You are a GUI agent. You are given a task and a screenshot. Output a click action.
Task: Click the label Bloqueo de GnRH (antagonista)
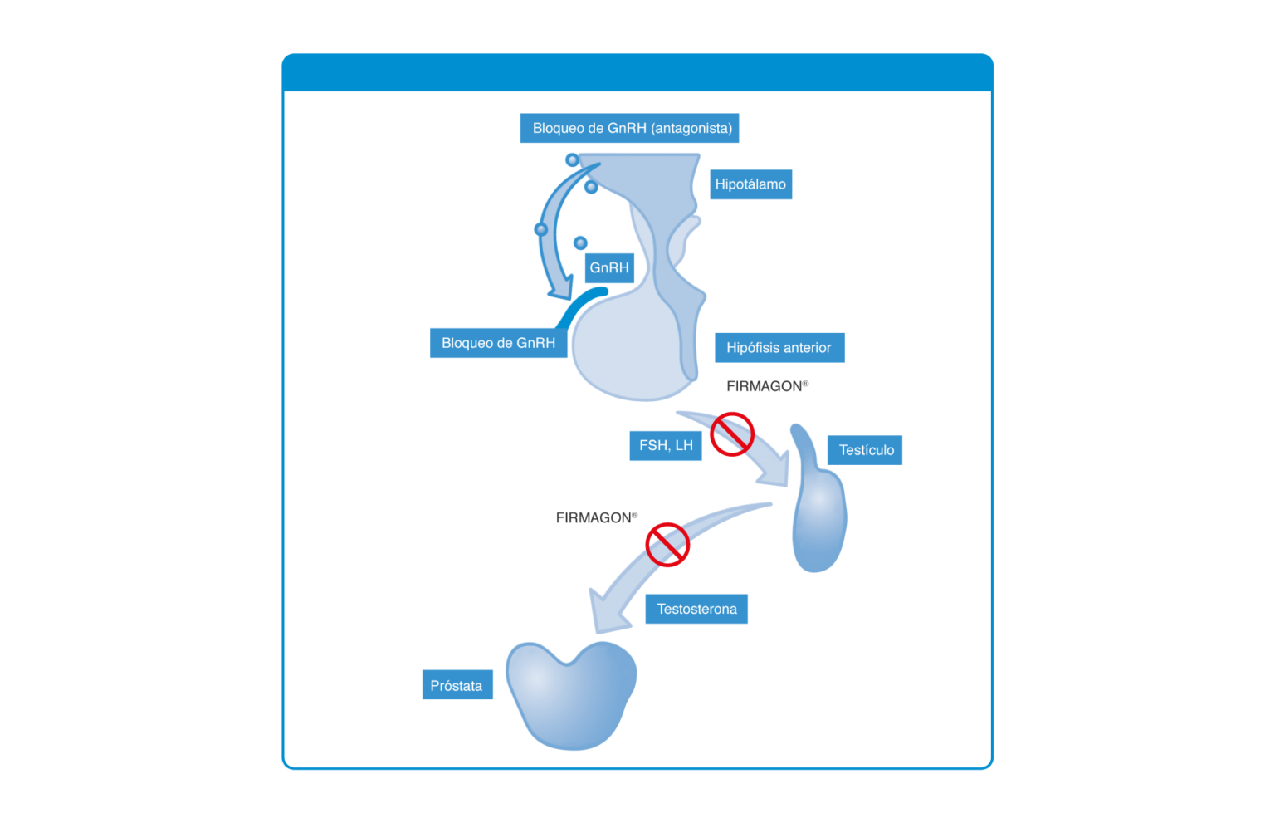(x=629, y=128)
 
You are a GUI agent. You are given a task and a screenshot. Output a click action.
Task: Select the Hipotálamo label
(x=750, y=184)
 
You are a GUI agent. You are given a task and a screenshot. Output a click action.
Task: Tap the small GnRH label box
(x=609, y=267)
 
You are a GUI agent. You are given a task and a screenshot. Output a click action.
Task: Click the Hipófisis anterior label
(x=779, y=347)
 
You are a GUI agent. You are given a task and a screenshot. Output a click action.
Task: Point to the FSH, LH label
(x=666, y=445)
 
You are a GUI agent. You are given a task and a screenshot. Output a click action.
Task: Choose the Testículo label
(x=865, y=450)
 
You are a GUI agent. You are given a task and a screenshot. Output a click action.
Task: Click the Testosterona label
(x=696, y=609)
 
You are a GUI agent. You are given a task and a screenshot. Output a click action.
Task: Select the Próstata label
(x=457, y=684)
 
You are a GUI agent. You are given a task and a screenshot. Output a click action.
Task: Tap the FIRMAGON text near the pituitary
(x=767, y=386)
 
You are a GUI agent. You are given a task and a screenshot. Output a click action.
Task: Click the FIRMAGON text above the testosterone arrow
(x=597, y=517)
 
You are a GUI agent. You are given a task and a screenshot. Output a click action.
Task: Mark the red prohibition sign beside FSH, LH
(x=732, y=434)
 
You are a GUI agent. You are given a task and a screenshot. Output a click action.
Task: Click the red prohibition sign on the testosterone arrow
(x=667, y=545)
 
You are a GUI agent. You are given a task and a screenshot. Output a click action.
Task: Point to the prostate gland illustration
(x=571, y=695)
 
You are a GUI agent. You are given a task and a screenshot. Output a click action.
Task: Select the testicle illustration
(x=818, y=507)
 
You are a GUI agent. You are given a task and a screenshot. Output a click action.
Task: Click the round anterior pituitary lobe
(x=626, y=347)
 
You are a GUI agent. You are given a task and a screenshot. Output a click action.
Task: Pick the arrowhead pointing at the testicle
(x=775, y=470)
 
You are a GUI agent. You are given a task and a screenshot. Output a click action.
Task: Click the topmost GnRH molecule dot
(x=572, y=160)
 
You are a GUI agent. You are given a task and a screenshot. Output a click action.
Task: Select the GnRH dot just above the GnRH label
(x=580, y=243)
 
